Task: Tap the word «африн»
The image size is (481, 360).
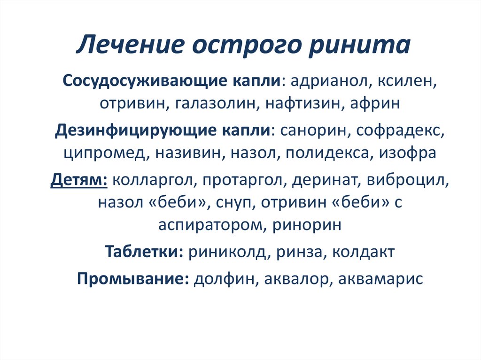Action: tap(374, 103)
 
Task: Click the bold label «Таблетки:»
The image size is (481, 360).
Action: tap(143, 252)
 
